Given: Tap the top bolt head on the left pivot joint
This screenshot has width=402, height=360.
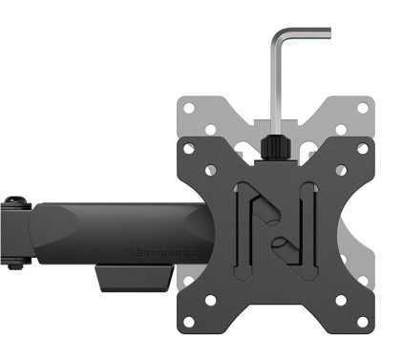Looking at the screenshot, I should pos(13,201).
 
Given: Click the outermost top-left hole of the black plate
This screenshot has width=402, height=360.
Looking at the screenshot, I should pos(188,148).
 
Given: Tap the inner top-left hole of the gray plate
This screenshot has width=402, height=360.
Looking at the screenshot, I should pos(211,122).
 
